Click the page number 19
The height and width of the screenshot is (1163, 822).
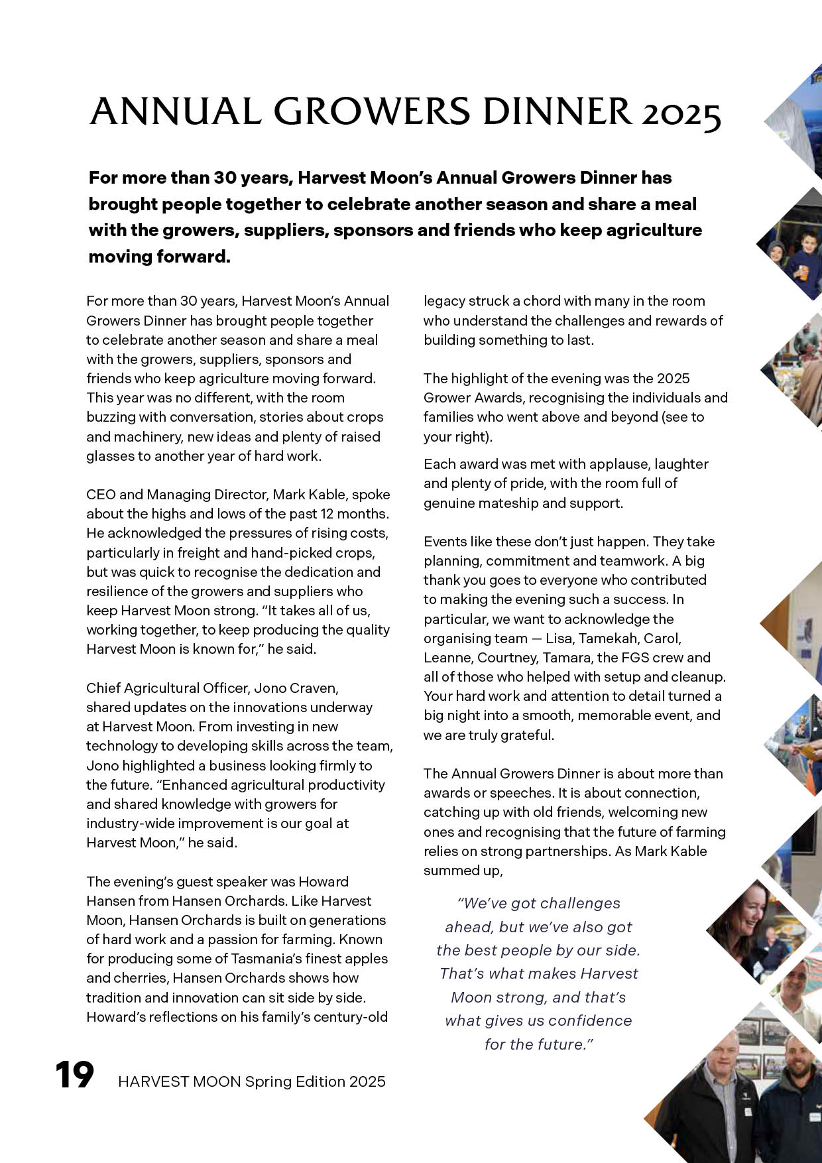click(x=74, y=1075)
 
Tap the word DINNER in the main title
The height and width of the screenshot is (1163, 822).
click(x=557, y=112)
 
